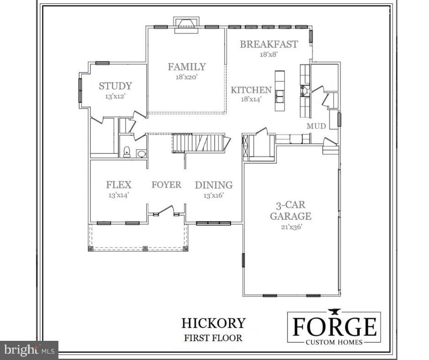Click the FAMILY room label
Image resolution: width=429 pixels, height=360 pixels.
pyautogui.click(x=187, y=67)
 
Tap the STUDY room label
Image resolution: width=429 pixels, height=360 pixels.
pyautogui.click(x=115, y=86)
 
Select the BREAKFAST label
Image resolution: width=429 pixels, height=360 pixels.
pyautogui.click(x=269, y=44)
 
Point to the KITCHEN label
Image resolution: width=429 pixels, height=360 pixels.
pyautogui.click(x=251, y=90)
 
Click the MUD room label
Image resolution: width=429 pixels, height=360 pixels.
pyautogui.click(x=316, y=126)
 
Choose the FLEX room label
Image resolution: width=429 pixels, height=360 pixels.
pyautogui.click(x=119, y=185)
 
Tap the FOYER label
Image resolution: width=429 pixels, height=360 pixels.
pyautogui.click(x=166, y=185)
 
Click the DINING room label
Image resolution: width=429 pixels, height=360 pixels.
pyautogui.click(x=214, y=185)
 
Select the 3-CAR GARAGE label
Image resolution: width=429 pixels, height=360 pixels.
pyautogui.click(x=290, y=211)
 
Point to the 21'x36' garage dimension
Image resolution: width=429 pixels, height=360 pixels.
pyautogui.click(x=290, y=226)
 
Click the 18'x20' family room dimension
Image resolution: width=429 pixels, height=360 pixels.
pyautogui.click(x=187, y=77)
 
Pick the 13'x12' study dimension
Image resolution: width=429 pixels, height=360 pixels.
pyautogui.click(x=115, y=96)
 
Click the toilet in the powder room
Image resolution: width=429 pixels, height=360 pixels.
pyautogui.click(x=127, y=152)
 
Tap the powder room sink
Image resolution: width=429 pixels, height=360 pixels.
pyautogui.click(x=141, y=154)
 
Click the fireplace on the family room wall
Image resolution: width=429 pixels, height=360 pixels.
pyautogui.click(x=186, y=24)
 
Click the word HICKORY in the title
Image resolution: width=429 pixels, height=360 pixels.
pyautogui.click(x=213, y=323)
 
